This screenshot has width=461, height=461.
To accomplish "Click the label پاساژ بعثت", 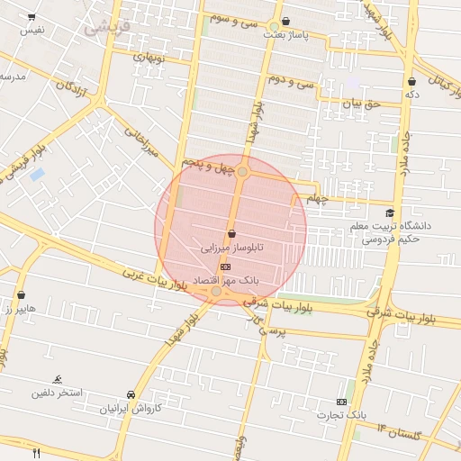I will point(285,35).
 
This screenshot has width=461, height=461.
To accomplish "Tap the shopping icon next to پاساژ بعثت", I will point(285,22).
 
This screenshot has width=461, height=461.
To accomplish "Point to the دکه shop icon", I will point(411,81).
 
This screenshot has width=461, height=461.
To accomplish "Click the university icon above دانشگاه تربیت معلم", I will point(389,212).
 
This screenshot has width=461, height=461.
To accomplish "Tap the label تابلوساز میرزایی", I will point(231,246).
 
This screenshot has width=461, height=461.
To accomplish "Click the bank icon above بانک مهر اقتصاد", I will point(225,267).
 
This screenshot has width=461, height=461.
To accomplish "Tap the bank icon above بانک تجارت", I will point(341,401).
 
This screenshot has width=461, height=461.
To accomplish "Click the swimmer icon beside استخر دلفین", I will point(58,378).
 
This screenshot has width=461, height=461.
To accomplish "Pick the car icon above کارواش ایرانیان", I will point(131,394).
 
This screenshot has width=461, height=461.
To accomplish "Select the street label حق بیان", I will point(363,104).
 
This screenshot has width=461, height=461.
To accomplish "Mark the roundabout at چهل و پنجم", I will point(242,171).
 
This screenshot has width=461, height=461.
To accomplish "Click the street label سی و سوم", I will point(232,18).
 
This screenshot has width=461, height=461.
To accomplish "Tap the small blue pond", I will point(37,174).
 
